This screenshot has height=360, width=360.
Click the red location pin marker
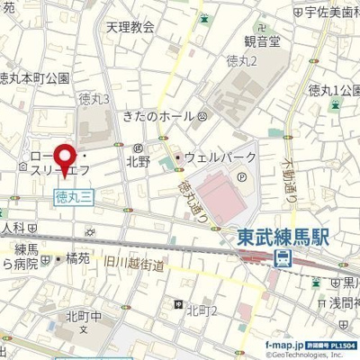(x=65, y=158)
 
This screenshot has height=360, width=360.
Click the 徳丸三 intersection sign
(x=73, y=194)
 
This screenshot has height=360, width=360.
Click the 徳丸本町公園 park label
(x=34, y=78)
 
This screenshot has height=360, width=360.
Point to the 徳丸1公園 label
(x=333, y=90)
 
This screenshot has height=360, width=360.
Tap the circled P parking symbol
(x=221, y=177)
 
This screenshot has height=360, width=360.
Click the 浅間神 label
(x=343, y=303)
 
